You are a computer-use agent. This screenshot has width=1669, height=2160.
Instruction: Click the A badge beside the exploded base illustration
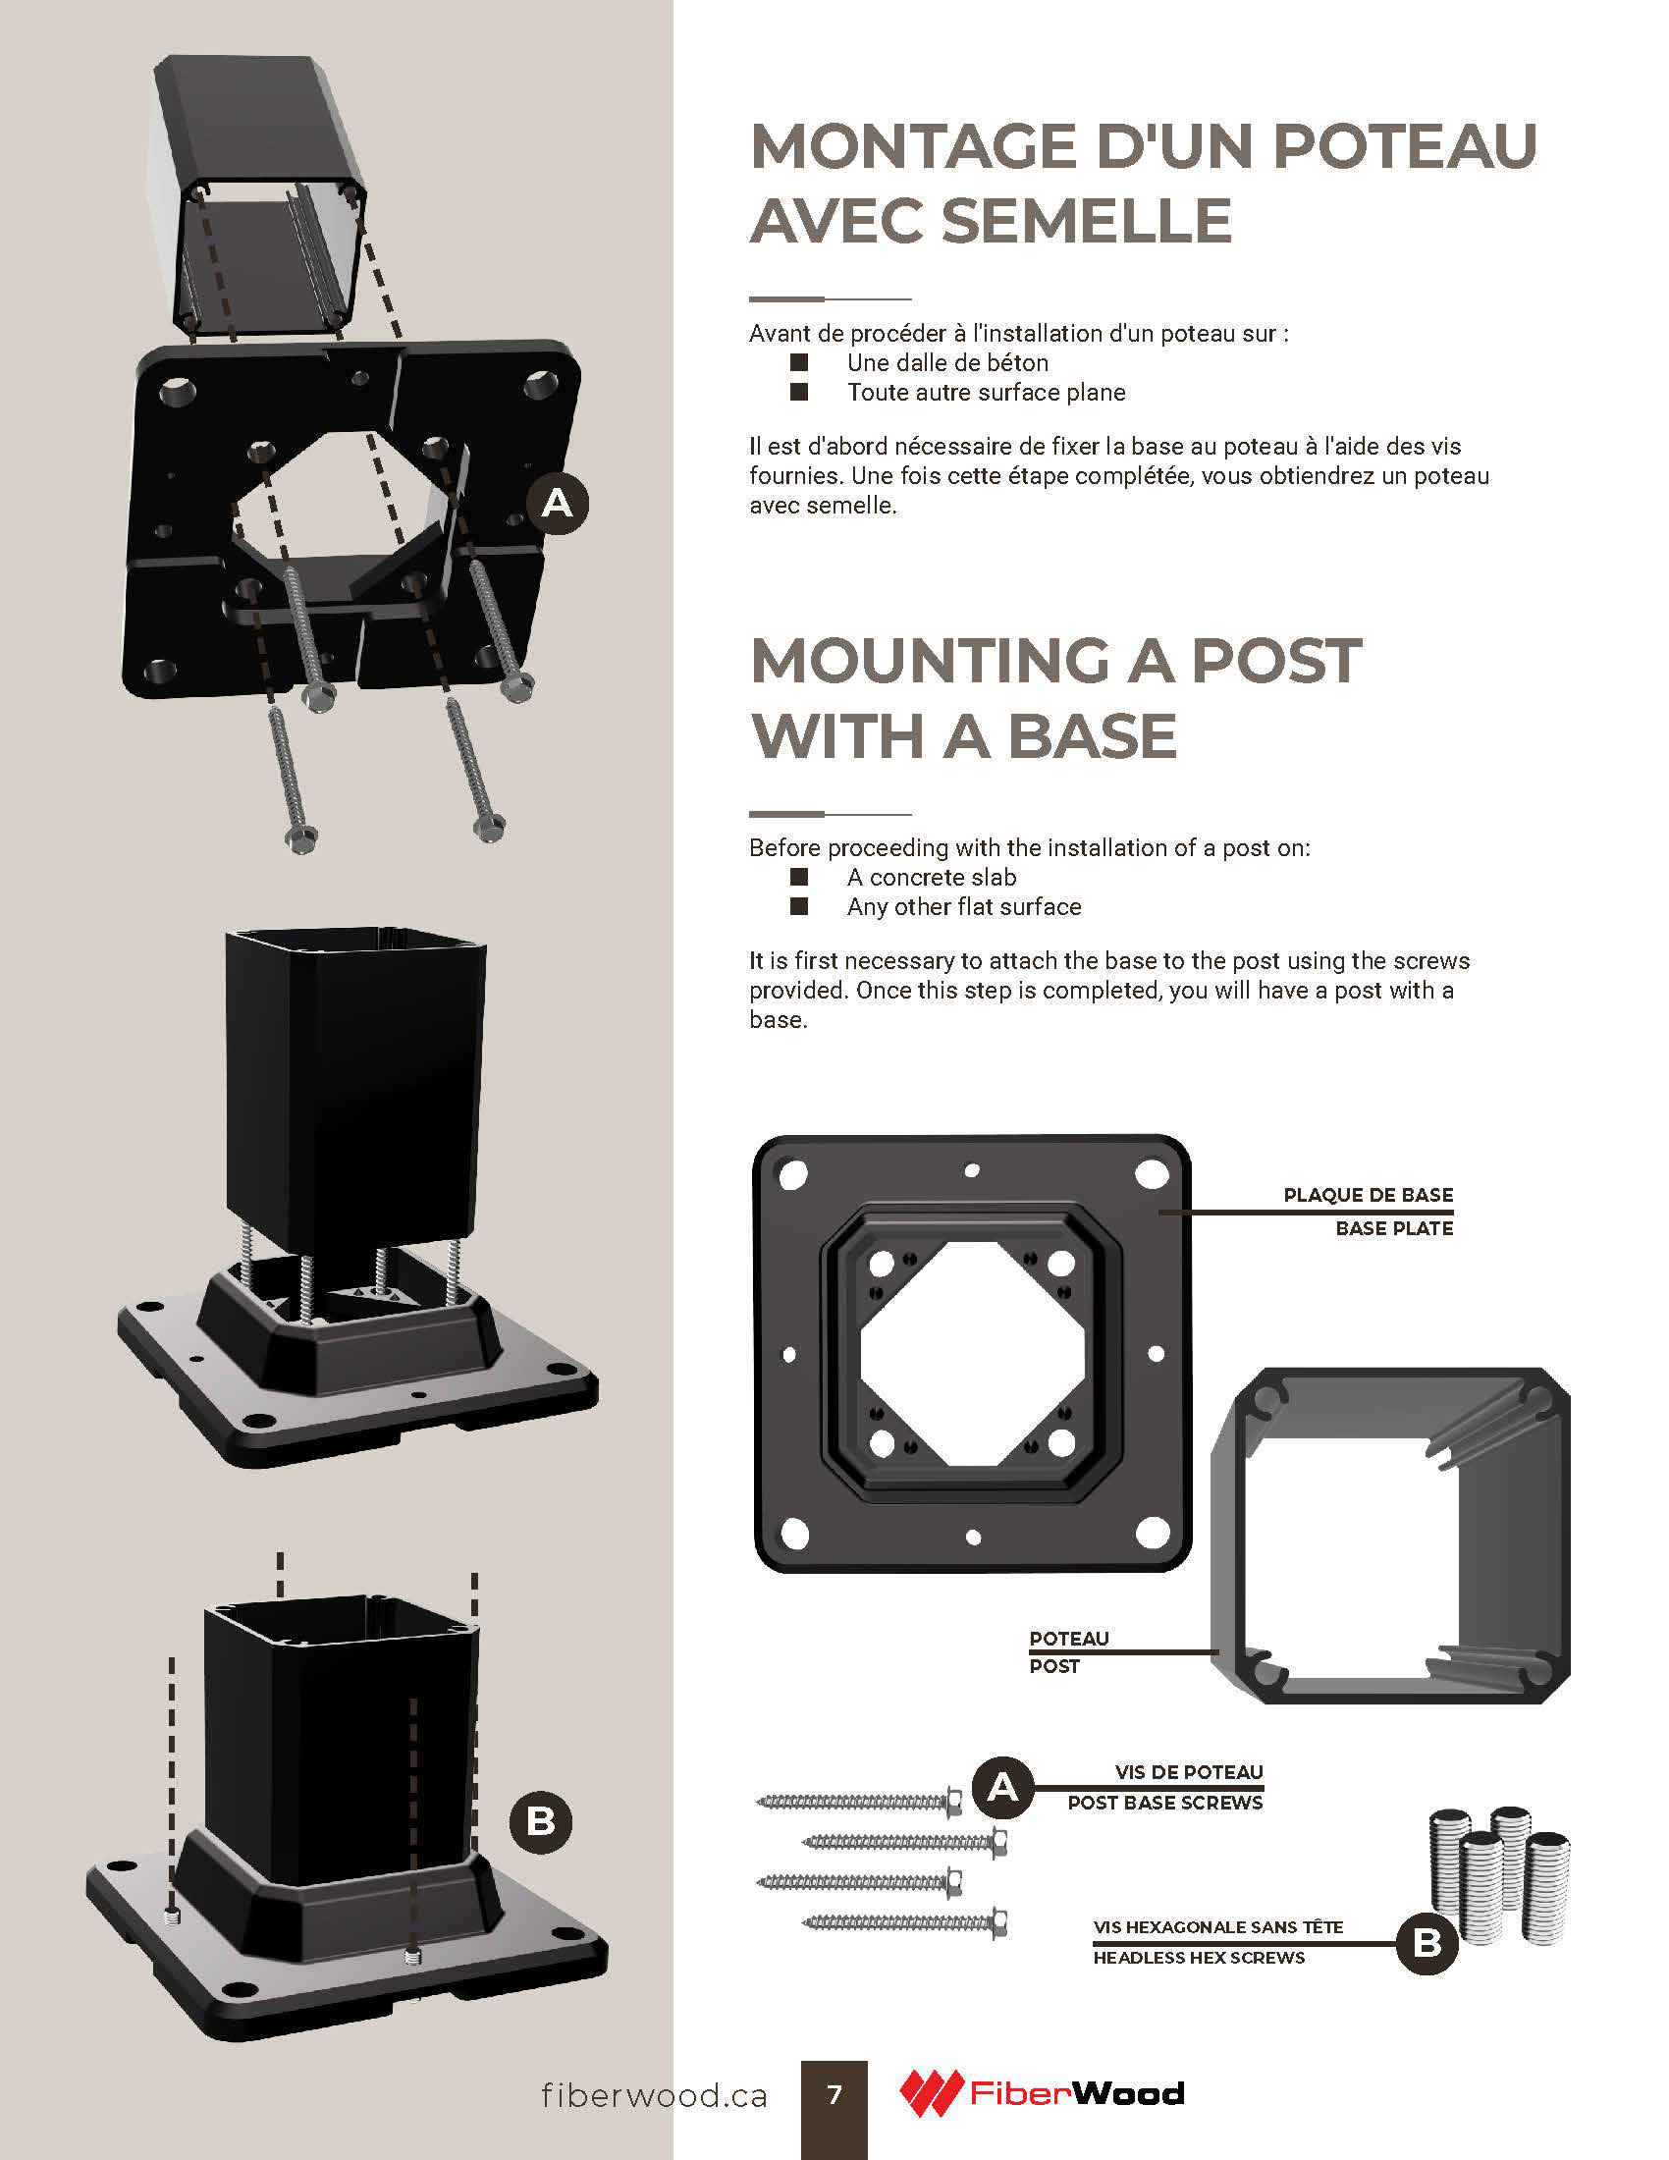558,505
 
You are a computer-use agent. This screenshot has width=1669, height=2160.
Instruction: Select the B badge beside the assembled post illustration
541,1820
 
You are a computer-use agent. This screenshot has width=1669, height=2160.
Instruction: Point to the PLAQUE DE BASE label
1368,1195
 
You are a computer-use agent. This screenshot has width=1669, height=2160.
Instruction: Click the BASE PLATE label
1393,1228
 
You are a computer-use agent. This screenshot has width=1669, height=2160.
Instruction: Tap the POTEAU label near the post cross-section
1069,1639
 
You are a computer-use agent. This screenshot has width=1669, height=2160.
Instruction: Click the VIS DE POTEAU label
1189,1771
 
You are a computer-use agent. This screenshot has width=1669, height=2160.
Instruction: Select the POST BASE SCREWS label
1164,1803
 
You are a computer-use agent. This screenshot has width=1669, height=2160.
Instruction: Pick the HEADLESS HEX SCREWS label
1199,1957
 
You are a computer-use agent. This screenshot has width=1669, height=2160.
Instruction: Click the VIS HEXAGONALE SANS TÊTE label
1218,1926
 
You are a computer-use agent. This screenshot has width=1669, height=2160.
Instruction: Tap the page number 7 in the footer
834,2094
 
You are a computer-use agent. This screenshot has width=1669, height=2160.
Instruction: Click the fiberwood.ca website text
654,2095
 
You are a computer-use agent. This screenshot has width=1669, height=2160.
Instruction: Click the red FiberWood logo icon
930,2093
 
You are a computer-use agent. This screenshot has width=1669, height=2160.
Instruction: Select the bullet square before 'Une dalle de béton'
799,363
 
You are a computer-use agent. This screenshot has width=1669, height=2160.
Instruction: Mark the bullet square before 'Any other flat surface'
799,906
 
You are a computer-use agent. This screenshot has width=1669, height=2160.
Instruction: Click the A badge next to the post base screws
1002,1787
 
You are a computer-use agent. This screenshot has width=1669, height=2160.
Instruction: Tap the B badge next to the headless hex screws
1427,1943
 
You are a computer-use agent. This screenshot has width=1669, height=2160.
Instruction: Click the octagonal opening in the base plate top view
972,1352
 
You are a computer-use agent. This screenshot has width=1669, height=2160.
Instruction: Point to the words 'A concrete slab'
931,877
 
